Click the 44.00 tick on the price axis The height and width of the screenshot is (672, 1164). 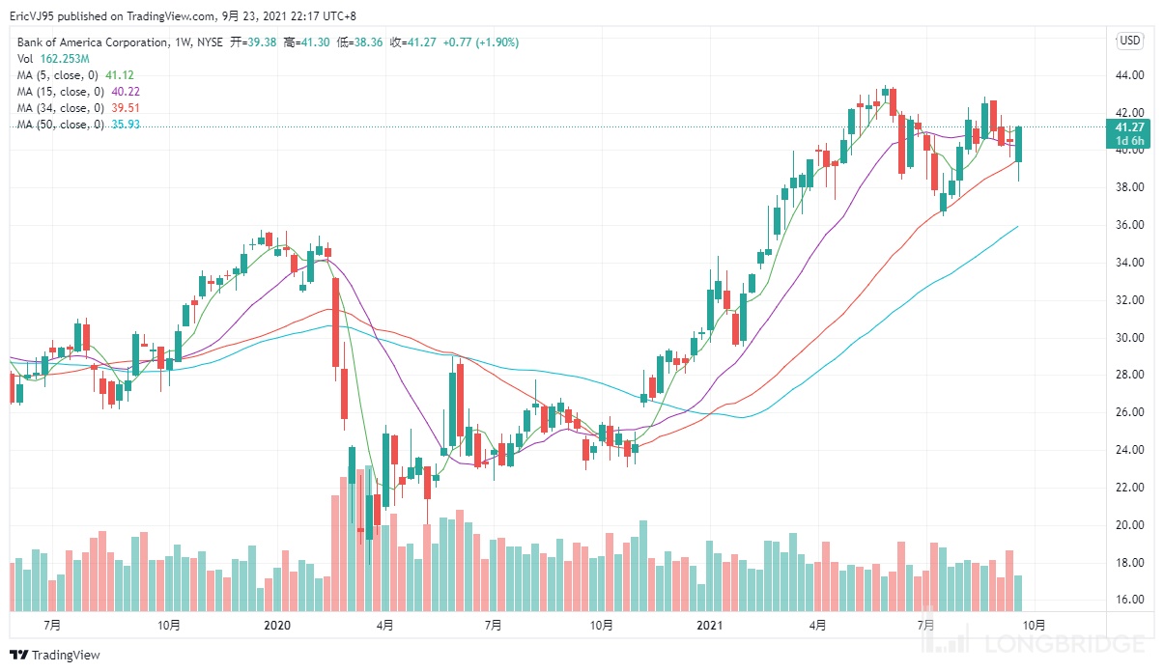(x=1130, y=75)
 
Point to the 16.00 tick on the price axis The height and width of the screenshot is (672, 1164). (x=1130, y=600)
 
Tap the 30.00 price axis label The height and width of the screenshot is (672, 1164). (x=1130, y=338)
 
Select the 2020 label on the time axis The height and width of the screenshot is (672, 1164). (x=277, y=626)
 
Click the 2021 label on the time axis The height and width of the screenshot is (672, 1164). (x=710, y=626)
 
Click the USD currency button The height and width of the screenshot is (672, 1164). (x=1129, y=41)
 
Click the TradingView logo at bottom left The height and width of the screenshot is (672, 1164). (x=55, y=656)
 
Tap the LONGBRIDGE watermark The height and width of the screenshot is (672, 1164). (x=1072, y=644)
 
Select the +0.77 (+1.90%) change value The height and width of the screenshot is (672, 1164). (x=482, y=42)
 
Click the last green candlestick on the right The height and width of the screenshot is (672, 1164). (x=1018, y=144)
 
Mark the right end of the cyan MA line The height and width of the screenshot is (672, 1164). (x=1018, y=227)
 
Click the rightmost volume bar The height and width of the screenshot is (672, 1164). (x=1018, y=593)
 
